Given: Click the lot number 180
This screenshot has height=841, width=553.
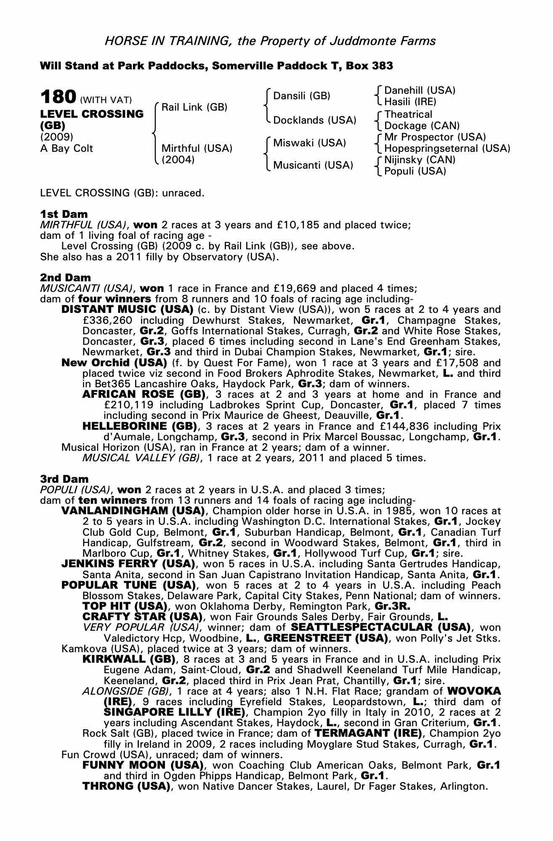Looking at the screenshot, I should [58, 97].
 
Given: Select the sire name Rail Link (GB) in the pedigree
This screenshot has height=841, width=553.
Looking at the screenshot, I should [194, 107].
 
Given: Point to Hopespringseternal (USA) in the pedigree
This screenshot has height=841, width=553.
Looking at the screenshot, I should [447, 148].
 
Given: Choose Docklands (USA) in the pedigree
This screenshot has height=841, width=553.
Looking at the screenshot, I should [315, 120].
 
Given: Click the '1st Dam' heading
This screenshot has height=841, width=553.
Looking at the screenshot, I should [64, 214].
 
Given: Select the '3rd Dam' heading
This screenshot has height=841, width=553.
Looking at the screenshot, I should [64, 479].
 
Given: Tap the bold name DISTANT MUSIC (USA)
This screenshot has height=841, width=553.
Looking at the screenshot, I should [127, 310].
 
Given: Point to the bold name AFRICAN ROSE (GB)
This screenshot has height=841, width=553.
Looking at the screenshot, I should [144, 394].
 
